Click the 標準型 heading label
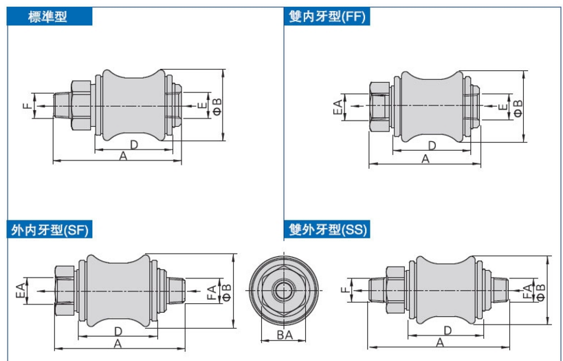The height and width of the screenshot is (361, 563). click(47, 17)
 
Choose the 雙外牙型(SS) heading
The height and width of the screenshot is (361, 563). click(328, 230)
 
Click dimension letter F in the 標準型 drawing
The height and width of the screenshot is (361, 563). click(26, 106)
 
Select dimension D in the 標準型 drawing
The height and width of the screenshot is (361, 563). click(134, 144)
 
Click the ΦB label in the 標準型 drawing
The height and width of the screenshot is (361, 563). click(217, 106)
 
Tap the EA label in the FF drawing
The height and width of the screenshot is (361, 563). click(338, 107)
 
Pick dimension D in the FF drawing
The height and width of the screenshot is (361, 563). click(432, 145)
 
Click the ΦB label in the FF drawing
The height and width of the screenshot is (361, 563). click(518, 107)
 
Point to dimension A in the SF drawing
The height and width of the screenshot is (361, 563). click(118, 342)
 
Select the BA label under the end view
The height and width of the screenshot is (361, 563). click(285, 335)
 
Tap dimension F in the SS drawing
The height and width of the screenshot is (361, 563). click(344, 290)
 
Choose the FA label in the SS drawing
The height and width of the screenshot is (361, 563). click(527, 290)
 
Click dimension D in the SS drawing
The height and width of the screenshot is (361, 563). click(448, 331)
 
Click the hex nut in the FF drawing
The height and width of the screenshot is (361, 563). click(379, 107)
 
